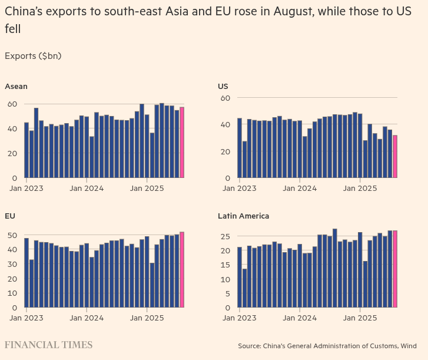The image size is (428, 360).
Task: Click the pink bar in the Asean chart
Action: click(182, 142)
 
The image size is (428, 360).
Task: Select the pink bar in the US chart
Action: click(395, 156)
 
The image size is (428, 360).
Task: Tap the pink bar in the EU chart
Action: click(182, 269)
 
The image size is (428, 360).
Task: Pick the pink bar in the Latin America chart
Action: click(395, 269)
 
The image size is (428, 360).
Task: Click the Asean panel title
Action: click(16, 86)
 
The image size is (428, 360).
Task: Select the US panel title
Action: click(223, 86)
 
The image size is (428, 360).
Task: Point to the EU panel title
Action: click(10, 216)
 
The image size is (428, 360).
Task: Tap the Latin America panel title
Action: click(243, 216)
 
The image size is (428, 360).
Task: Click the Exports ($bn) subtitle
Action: click(33, 56)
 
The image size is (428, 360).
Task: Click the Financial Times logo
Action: click(48, 345)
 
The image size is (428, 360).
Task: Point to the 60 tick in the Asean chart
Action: click(12, 104)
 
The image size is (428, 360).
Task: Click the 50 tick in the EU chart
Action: click(12, 235)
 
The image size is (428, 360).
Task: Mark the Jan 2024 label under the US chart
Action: click(300, 189)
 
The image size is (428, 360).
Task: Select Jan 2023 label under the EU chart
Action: click(25, 319)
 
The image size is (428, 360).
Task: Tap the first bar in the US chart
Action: click(240, 148)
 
